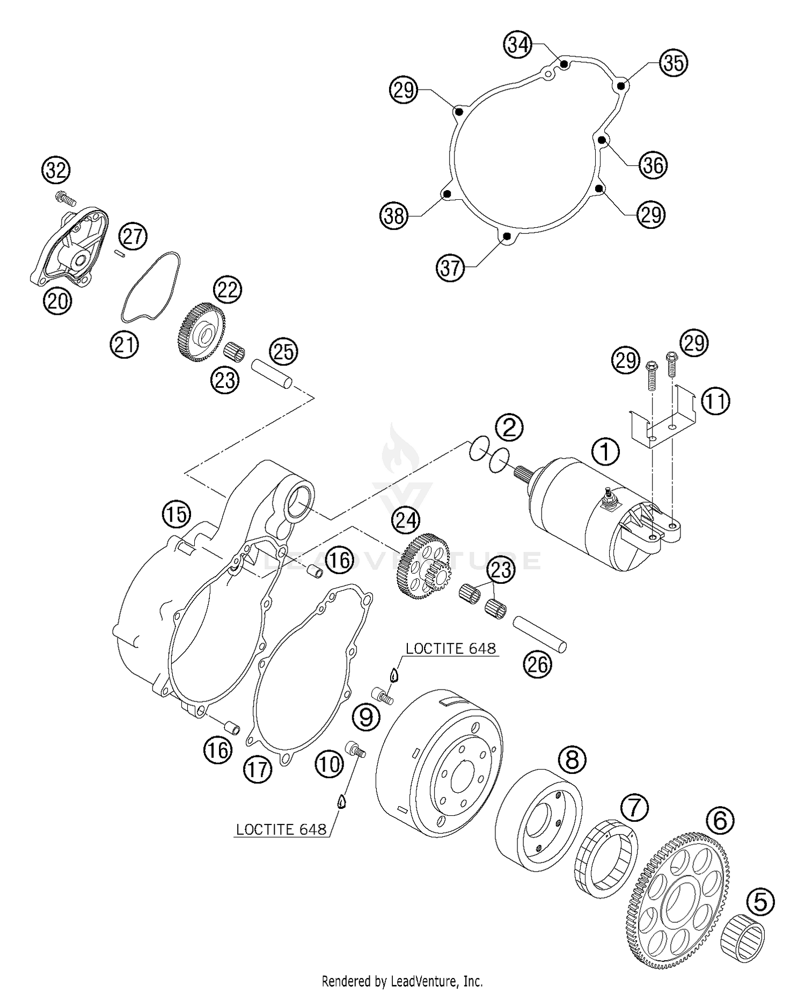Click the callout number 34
tap(518, 45)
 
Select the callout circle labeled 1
tap(605, 452)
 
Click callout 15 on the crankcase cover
tap(177, 515)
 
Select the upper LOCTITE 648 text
tap(450, 649)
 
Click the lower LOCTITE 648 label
tap(281, 829)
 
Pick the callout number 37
tap(450, 267)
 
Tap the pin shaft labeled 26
tap(539, 634)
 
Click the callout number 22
tap(228, 290)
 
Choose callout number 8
tap(572, 759)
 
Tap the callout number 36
tap(653, 164)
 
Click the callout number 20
tap(57, 301)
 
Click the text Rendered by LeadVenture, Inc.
tap(402, 981)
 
